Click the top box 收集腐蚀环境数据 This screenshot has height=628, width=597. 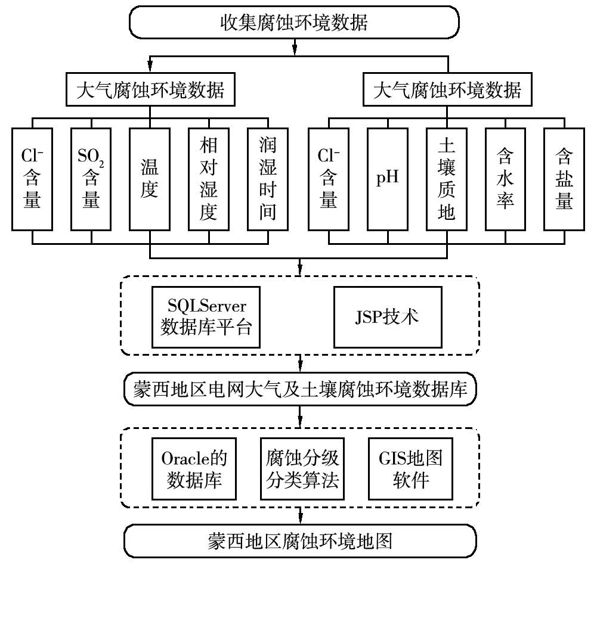[x=295, y=23]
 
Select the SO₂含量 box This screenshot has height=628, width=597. [x=91, y=179]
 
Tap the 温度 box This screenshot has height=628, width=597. [x=149, y=179]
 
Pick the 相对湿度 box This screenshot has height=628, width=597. [x=208, y=179]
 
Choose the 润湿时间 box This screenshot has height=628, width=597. [x=267, y=179]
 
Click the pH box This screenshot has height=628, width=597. [x=388, y=179]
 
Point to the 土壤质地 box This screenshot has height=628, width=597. [x=447, y=179]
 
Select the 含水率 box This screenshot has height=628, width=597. [x=505, y=179]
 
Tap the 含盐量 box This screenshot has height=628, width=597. [x=564, y=179]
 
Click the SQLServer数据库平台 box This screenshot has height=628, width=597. [x=206, y=316]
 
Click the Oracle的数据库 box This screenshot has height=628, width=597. [x=194, y=469]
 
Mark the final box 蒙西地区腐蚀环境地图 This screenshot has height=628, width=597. [x=300, y=542]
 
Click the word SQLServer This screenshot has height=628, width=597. [x=206, y=307]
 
